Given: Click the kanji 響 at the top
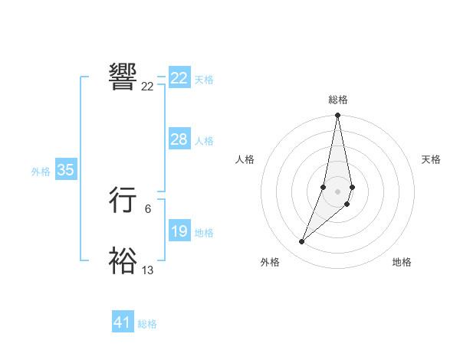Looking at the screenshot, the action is click(x=123, y=77).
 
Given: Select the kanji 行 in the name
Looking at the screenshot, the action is click(x=123, y=201).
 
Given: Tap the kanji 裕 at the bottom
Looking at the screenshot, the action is click(x=123, y=261).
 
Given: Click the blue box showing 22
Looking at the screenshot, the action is click(x=179, y=78).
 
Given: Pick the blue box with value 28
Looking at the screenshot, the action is click(x=179, y=139).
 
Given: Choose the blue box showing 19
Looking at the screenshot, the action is click(x=179, y=231).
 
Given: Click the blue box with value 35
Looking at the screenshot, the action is click(x=65, y=170).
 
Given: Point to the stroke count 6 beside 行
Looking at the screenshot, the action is click(x=148, y=208).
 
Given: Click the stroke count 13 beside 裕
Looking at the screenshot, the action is click(x=148, y=270).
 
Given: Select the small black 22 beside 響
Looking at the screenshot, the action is click(x=147, y=87).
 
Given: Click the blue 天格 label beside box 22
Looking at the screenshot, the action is click(x=204, y=80).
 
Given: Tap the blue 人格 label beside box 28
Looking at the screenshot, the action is click(x=204, y=141).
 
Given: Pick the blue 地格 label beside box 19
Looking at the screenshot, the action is click(x=204, y=233).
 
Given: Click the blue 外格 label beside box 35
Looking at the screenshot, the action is click(x=41, y=172).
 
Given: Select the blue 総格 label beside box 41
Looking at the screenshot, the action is click(x=147, y=324).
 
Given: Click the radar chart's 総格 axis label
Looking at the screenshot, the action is click(x=338, y=100).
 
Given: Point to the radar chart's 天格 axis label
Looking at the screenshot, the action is click(x=431, y=159).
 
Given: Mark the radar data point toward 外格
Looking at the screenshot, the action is click(x=302, y=242).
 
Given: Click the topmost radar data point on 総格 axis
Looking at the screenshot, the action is click(x=337, y=116).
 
